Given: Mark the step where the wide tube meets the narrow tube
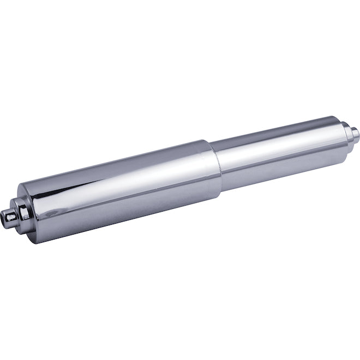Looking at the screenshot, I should (215, 164).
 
